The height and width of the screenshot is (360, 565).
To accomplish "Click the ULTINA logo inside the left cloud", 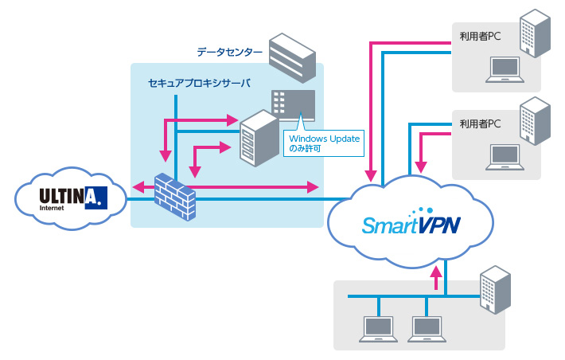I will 70,196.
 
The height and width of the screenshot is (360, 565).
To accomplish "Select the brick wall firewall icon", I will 174,194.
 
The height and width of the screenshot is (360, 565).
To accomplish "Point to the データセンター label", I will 230,53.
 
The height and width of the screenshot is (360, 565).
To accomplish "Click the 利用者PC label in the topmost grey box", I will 479,36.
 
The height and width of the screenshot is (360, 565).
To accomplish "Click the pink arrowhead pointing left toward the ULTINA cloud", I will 138,188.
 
